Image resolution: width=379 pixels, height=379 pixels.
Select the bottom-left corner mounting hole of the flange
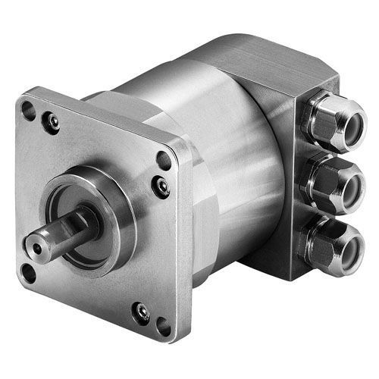pos(30,271)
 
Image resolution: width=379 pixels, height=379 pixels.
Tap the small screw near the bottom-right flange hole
pos(141,312)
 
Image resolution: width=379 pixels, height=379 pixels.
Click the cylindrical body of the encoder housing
pos(227,152)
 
